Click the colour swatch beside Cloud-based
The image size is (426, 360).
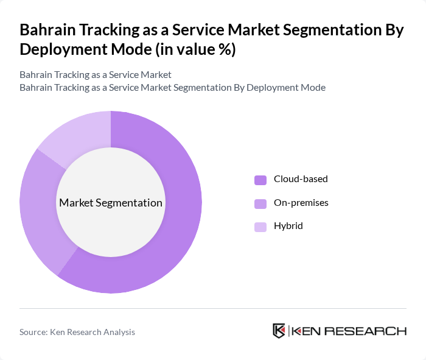(260, 180)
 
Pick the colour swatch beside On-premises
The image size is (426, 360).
(260, 203)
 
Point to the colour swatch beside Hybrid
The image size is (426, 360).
(260, 227)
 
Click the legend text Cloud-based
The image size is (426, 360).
(301, 179)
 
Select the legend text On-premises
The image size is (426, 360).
(301, 202)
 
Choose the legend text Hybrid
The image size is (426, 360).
(288, 226)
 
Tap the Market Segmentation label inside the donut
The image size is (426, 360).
(111, 203)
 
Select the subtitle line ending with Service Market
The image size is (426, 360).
(96, 74)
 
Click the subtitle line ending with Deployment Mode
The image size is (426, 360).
(172, 87)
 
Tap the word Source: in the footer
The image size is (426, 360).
(33, 332)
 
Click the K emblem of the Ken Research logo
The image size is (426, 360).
(279, 331)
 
